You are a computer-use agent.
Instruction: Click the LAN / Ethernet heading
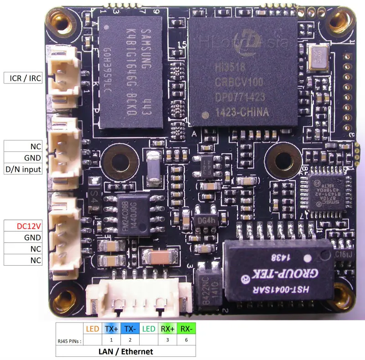point(125,351)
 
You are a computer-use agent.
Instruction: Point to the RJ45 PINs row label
point(68,339)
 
